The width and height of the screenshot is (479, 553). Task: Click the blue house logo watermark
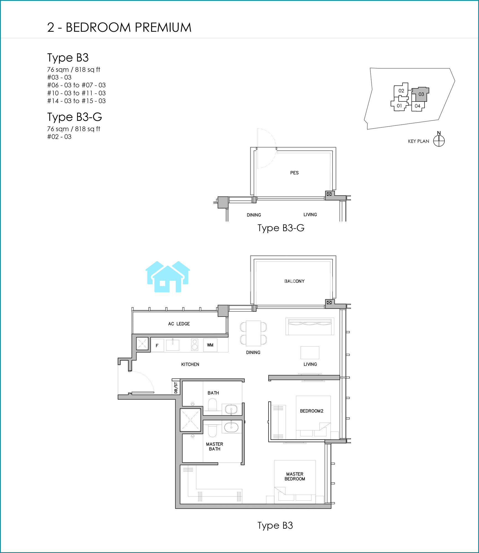click(168, 276)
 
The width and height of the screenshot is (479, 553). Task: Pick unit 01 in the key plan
click(399, 105)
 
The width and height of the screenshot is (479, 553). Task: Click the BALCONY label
click(294, 281)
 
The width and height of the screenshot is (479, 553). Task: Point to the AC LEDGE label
click(179, 324)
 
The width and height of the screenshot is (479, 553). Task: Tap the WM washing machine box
click(210, 345)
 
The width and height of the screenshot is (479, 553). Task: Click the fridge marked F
click(157, 345)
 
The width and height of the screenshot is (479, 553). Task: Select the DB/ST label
click(176, 388)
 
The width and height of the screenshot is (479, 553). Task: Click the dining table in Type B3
click(253, 333)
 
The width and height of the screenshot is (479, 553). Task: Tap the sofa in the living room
click(310, 326)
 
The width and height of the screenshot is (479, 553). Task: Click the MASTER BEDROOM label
click(295, 476)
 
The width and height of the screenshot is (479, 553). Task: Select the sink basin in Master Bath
click(231, 427)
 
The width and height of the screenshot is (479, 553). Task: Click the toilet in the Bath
click(212, 404)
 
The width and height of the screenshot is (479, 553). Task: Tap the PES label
click(294, 173)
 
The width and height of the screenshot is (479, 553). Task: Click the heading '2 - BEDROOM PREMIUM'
click(119, 27)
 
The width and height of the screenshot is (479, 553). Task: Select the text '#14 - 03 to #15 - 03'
click(76, 101)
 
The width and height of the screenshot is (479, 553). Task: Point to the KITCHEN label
click(190, 364)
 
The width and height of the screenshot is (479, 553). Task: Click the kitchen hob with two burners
click(195, 345)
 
